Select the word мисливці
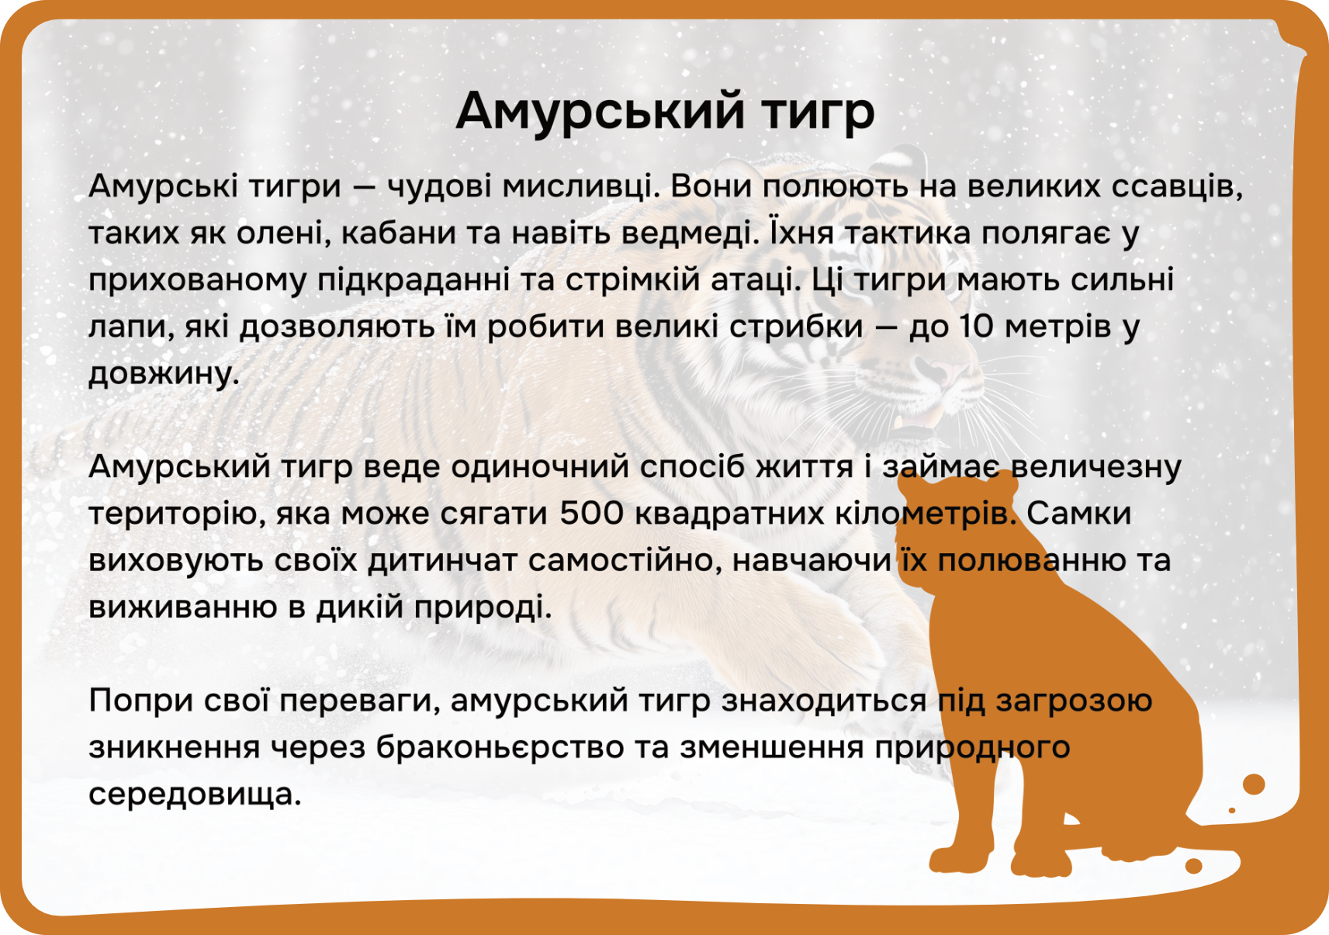(581, 187)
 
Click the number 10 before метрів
(976, 327)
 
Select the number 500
(591, 513)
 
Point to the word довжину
(164, 374)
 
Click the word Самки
(1078, 513)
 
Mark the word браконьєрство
(500, 747)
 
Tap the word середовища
(196, 795)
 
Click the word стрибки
(796, 327)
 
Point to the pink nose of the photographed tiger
(940, 372)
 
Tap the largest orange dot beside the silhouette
(1254, 784)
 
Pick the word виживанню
(183, 608)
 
